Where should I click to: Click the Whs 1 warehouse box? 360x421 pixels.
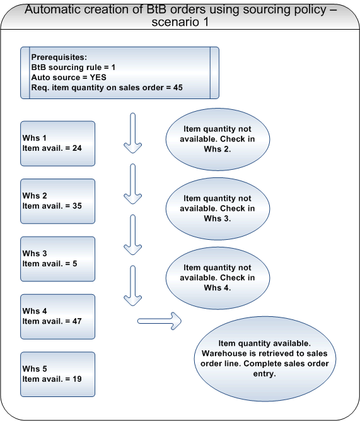click(x=57, y=143)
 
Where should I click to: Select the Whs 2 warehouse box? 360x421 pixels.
click(x=57, y=201)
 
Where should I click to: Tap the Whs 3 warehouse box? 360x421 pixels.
click(x=57, y=259)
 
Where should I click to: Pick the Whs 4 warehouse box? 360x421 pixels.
click(x=57, y=317)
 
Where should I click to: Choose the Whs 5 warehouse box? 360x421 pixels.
click(x=57, y=374)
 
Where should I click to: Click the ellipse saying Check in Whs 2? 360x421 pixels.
click(x=218, y=139)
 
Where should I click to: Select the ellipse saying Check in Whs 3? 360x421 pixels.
click(x=218, y=209)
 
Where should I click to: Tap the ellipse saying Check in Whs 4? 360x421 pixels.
click(x=218, y=278)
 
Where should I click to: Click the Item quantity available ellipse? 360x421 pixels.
click(x=265, y=359)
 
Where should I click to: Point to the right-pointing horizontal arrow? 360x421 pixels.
click(x=160, y=321)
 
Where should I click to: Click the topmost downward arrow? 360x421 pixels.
click(x=132, y=133)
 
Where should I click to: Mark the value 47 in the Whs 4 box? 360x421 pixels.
click(x=77, y=321)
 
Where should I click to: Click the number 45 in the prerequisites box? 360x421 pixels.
click(x=178, y=88)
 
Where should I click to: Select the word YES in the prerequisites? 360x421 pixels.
click(x=98, y=78)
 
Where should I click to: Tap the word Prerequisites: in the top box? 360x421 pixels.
click(x=59, y=57)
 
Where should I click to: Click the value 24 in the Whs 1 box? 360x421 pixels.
click(x=77, y=148)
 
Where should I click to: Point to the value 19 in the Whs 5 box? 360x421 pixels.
click(x=77, y=379)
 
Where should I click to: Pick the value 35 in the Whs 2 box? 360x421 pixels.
click(x=77, y=206)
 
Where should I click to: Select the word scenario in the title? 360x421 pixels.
click(x=176, y=22)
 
